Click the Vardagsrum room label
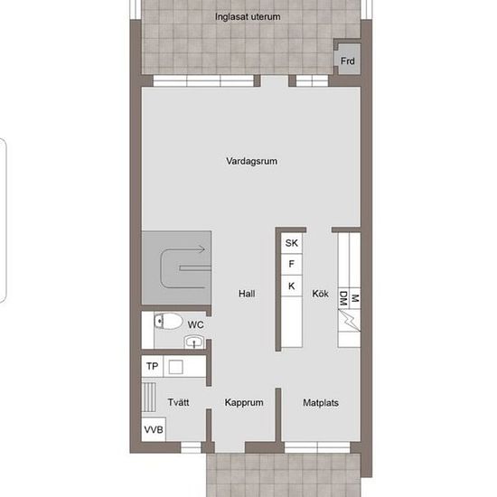tap(252, 161)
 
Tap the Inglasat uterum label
tap(248, 16)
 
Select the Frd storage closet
tap(348, 59)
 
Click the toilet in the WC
tap(168, 322)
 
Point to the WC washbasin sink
tap(194, 342)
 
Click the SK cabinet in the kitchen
tap(292, 243)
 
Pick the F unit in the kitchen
tap(292, 264)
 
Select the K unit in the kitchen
tap(292, 286)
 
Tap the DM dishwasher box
tap(343, 298)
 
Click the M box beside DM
tap(355, 298)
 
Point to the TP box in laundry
tap(152, 366)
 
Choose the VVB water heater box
tap(154, 429)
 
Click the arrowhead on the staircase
tap(201, 249)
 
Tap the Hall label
tap(247, 294)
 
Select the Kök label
tap(320, 294)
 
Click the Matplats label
tap(321, 402)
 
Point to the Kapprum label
tap(244, 402)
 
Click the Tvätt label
tap(178, 402)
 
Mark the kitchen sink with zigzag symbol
tap(349, 320)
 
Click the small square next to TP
tap(175, 367)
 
